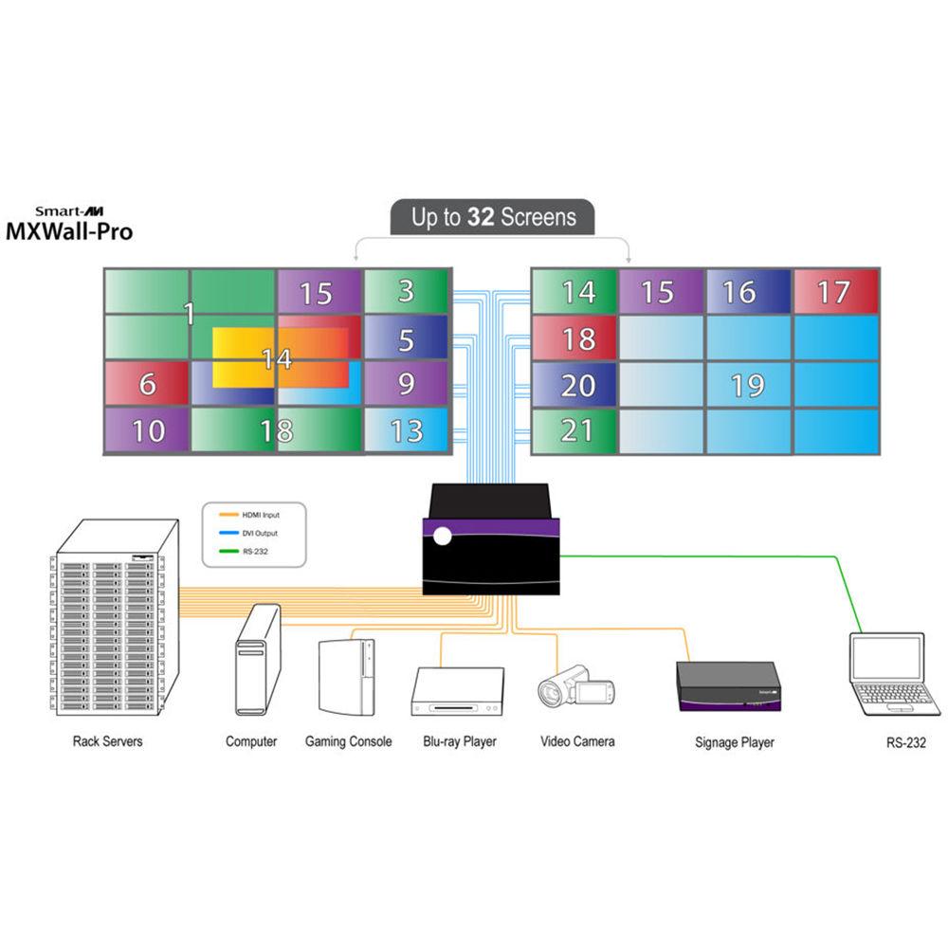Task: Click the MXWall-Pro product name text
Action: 70,231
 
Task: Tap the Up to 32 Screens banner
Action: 493,217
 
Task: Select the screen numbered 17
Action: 835,291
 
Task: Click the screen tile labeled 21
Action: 574,430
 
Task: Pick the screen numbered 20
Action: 574,384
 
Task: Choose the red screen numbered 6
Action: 146,384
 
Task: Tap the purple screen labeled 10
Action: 146,430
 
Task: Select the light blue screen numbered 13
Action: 406,430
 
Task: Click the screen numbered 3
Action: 406,291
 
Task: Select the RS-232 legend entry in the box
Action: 250,551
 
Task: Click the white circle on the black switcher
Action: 442,538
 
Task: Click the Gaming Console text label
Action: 348,741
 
